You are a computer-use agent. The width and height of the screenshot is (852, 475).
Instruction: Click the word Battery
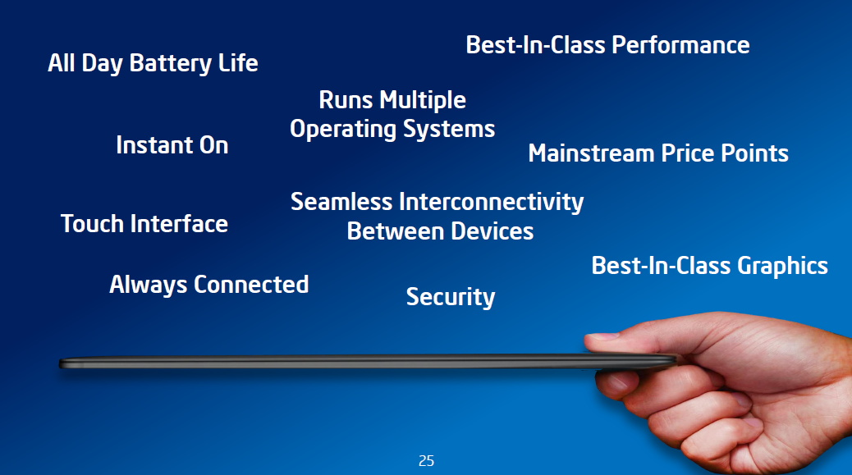pos(171,64)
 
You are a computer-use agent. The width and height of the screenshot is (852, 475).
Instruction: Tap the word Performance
pos(680,45)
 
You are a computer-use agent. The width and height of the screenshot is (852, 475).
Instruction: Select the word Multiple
pos(422,101)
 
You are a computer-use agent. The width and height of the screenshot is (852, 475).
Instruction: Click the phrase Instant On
pos(172,145)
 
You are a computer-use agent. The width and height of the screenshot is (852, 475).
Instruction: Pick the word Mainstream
pos(591,153)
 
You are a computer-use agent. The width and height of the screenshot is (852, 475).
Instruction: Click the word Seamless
pos(341,202)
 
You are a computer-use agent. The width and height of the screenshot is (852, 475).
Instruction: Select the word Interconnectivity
pos(491,203)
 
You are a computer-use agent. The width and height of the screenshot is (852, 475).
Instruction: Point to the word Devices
pos(492,232)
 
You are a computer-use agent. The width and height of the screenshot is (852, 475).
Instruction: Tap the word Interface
pos(179,224)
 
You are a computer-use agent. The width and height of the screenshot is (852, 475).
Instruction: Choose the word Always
pos(148,285)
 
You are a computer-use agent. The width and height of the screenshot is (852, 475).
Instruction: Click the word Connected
pos(251,285)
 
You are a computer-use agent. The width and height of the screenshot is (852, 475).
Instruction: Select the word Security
pos(451,298)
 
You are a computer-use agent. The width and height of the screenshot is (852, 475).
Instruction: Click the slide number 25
pos(427,461)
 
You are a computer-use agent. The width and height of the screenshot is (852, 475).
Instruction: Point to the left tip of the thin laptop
pos(60,363)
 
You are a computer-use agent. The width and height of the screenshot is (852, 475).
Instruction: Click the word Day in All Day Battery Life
pos(102,64)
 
